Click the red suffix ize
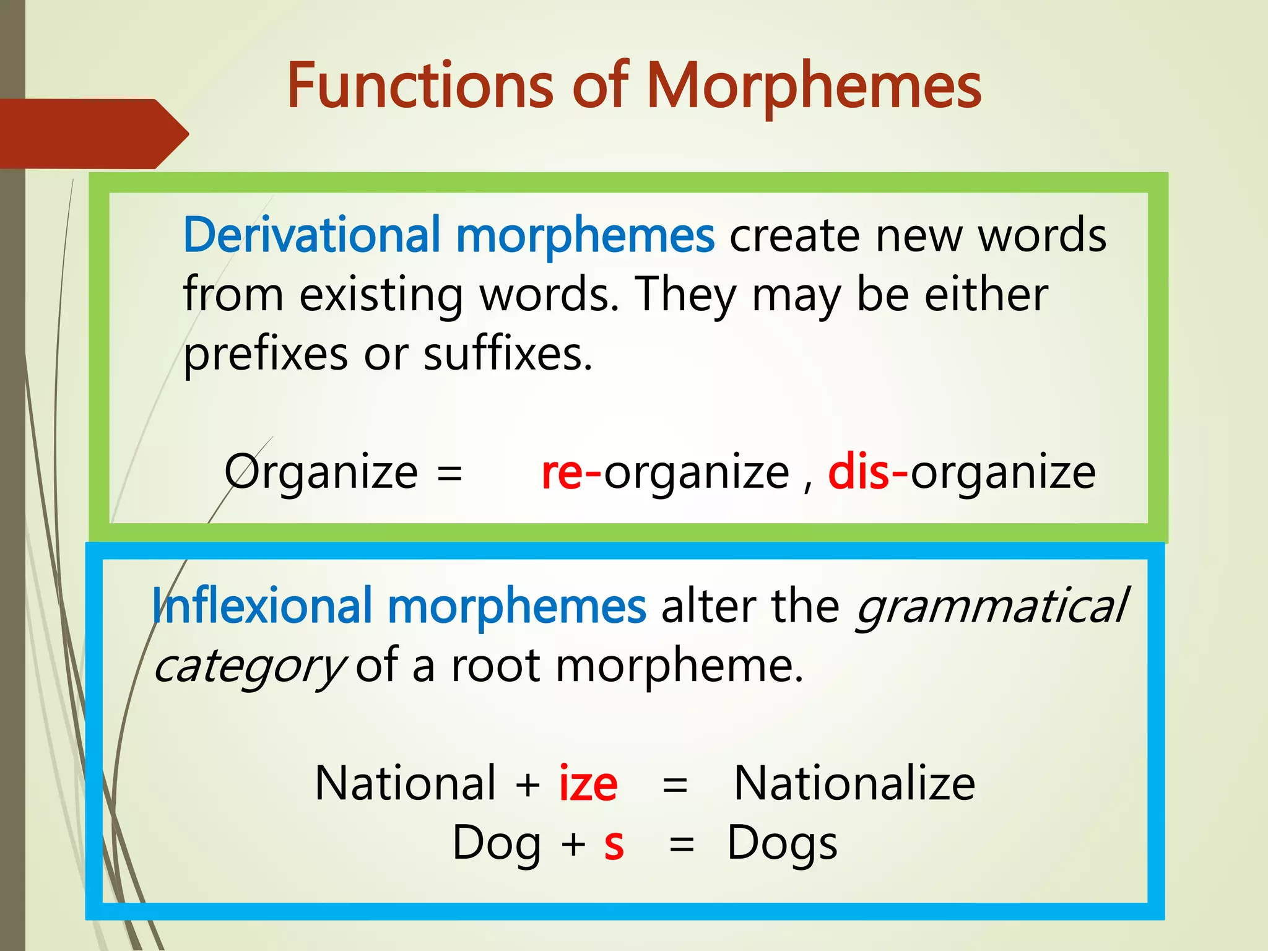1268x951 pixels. (588, 784)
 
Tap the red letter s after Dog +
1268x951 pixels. (614, 843)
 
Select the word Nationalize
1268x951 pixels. (854, 784)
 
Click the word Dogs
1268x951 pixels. (782, 843)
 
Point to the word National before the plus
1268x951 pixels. (406, 784)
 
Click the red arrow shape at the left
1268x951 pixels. (93, 133)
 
